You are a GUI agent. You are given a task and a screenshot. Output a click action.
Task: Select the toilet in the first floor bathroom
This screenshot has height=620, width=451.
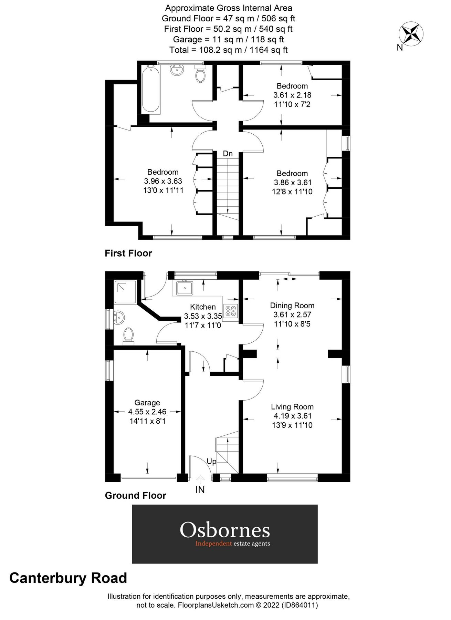pyautogui.click(x=200, y=75)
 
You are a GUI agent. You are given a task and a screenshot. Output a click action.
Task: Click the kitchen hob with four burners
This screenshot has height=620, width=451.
pyautogui.click(x=230, y=311)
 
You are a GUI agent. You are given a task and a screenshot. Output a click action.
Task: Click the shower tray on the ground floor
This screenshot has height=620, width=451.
pyautogui.click(x=125, y=291)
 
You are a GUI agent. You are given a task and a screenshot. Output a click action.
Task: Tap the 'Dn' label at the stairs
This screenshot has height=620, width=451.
pyautogui.click(x=228, y=154)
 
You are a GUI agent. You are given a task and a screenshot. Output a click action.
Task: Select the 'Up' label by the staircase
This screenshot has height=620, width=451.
pyautogui.click(x=211, y=461)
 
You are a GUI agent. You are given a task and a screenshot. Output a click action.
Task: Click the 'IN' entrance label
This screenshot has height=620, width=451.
pyautogui.click(x=200, y=489)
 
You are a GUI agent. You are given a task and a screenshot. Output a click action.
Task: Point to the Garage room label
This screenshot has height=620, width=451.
pyautogui.click(x=147, y=403)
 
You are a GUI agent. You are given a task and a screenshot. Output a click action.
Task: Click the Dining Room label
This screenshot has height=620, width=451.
pyautogui.click(x=292, y=306)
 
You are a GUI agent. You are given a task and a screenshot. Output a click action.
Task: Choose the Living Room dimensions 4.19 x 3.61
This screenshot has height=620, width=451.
pyautogui.click(x=292, y=416)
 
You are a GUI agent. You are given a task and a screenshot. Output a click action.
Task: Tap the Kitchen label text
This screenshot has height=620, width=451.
pyautogui.click(x=203, y=307)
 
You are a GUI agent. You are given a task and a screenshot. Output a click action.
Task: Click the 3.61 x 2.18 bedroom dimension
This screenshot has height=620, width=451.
pyautogui.click(x=292, y=95)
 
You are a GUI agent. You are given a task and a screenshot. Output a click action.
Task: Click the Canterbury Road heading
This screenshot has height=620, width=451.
pyautogui.click(x=68, y=578)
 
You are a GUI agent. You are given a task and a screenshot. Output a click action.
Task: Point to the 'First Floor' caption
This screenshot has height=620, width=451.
pyautogui.click(x=128, y=254)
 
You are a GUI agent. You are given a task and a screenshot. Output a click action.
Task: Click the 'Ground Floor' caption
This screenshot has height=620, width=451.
pyautogui.click(x=135, y=496)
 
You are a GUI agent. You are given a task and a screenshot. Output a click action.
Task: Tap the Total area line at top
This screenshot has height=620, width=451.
pyautogui.click(x=228, y=50)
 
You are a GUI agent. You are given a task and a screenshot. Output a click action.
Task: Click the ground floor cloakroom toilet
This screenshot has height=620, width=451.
pyautogui.click(x=128, y=335)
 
